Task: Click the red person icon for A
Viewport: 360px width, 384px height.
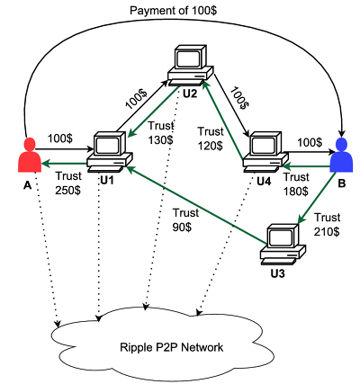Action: (x=29, y=156)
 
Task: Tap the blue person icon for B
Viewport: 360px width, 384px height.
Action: (x=342, y=156)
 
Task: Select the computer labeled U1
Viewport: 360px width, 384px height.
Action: (x=110, y=152)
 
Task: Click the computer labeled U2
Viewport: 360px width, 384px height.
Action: (x=190, y=66)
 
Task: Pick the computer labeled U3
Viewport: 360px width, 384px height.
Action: (x=283, y=245)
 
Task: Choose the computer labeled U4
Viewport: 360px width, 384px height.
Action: (x=265, y=152)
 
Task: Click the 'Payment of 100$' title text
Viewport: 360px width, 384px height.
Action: (x=173, y=11)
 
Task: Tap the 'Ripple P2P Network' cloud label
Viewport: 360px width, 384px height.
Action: (x=172, y=347)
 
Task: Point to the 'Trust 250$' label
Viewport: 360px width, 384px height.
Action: (x=68, y=183)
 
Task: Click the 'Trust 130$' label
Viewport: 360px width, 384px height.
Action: (x=161, y=133)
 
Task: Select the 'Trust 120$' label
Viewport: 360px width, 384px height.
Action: (x=211, y=138)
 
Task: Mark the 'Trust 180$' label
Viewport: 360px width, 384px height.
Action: (x=296, y=184)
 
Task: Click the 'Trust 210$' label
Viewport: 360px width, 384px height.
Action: (x=327, y=225)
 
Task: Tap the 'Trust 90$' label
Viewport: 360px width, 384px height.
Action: (x=185, y=220)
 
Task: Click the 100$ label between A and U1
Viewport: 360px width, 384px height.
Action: (x=60, y=138)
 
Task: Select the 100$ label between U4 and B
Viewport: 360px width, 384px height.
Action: (x=310, y=142)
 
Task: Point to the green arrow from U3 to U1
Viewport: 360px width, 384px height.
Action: (x=196, y=205)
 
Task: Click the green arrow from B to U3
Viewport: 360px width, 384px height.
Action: (x=316, y=198)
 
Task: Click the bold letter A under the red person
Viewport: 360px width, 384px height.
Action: (x=27, y=186)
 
